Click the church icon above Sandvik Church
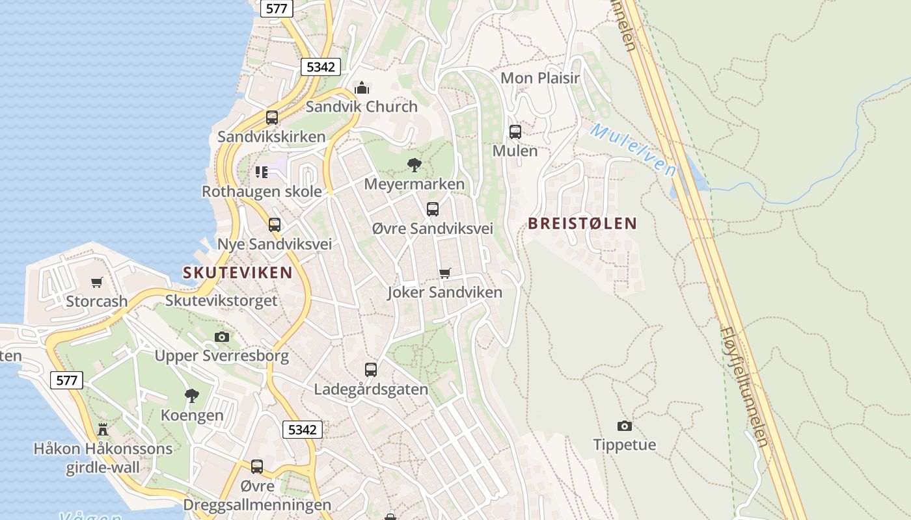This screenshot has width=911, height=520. point(362,88)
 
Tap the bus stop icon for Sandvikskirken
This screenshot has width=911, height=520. point(272,118)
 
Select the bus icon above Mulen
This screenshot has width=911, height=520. point(515,132)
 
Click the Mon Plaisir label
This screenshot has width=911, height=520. point(539,79)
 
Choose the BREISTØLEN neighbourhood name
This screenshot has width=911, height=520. point(582,224)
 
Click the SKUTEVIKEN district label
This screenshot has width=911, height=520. point(238,273)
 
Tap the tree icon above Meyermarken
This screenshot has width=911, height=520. point(414,165)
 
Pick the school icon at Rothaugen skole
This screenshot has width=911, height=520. point(262,172)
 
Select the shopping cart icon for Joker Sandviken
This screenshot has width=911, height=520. point(445,273)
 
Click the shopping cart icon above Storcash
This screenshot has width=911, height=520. point(97,282)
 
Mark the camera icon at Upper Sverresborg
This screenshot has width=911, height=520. point(222,337)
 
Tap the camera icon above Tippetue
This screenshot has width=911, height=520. point(625,426)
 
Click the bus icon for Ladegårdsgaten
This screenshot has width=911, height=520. point(371,370)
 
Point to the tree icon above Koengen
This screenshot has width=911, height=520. point(192,395)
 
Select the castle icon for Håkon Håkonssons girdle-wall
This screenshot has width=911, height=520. point(103,429)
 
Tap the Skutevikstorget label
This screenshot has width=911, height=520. point(221,301)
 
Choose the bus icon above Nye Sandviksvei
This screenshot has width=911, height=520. point(275,225)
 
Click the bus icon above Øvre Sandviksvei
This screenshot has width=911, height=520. point(433,209)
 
